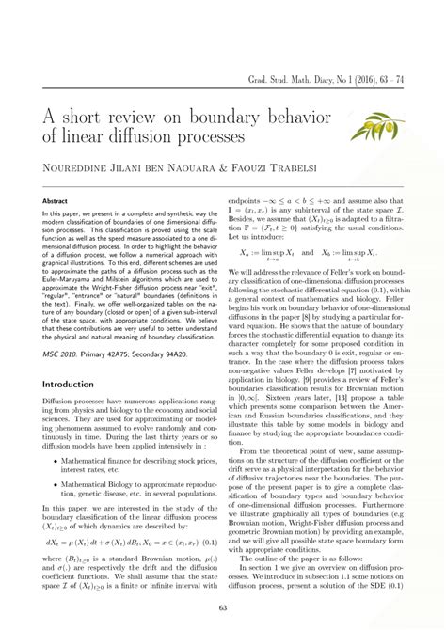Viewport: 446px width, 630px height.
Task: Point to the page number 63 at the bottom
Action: click(x=223, y=608)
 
